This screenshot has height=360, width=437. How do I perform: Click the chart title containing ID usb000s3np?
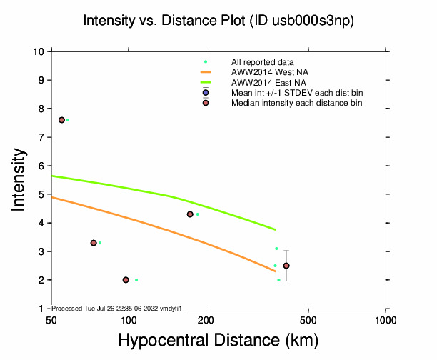click(x=218, y=21)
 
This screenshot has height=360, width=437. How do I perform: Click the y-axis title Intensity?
click(x=21, y=180)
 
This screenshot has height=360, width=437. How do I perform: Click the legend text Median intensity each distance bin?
click(x=296, y=104)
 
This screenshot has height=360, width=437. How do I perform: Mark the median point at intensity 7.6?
click(x=61, y=120)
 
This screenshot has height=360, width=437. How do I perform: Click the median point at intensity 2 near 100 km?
click(x=126, y=280)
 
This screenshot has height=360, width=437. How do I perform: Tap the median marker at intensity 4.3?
click(x=190, y=214)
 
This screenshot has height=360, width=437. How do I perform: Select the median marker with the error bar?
click(x=286, y=266)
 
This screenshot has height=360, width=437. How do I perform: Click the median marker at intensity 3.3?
click(x=94, y=243)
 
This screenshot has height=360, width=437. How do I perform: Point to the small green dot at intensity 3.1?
click(x=276, y=249)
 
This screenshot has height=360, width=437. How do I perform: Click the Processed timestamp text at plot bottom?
click(x=118, y=308)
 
